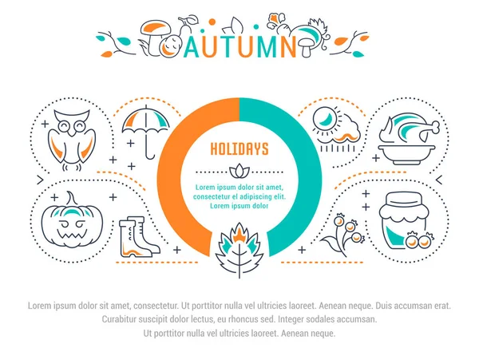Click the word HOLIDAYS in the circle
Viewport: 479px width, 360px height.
pos(239,149)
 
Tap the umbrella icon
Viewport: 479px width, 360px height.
pos(146,132)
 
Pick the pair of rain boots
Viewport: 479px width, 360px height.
pos(139,236)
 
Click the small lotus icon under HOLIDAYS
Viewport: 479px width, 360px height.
pos(239,171)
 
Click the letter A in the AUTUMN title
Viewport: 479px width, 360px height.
pos(192,47)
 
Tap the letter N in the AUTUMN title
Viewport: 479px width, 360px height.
pos(287,47)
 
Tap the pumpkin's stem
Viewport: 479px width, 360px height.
pos(72,199)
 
